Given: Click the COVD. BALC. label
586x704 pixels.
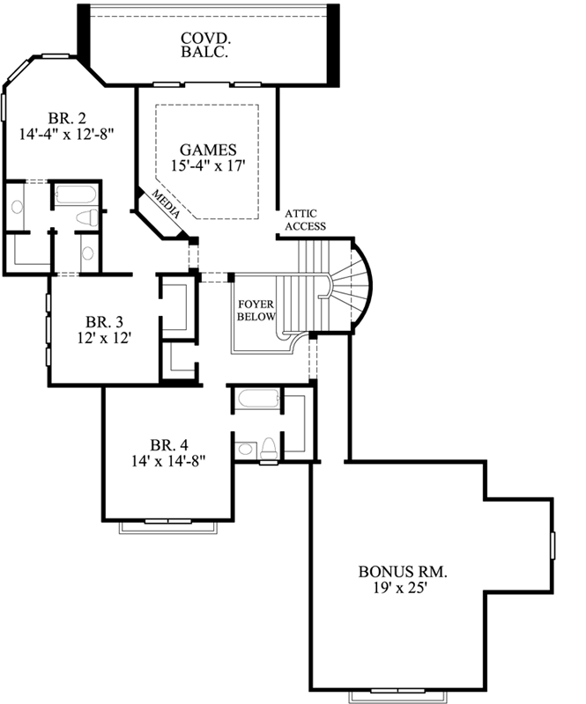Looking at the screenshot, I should click(x=205, y=45).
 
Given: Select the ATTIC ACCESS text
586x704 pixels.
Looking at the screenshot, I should click(x=305, y=220).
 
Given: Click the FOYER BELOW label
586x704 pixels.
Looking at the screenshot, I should click(x=256, y=311).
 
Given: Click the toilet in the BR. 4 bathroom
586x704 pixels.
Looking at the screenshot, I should click(x=268, y=447).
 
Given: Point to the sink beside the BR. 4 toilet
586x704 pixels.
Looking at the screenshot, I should click(x=244, y=449).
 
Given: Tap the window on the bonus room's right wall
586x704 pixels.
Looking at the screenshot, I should click(x=553, y=546).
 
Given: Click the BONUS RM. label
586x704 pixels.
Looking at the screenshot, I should click(x=402, y=571).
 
